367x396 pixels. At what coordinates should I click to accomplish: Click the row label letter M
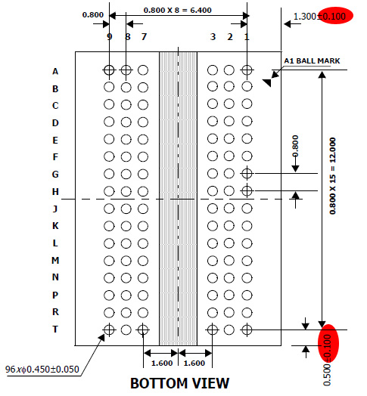pos(55,261)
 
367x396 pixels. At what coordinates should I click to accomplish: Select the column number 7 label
pos(145,37)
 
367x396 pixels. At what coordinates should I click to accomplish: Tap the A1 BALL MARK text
pos(312,61)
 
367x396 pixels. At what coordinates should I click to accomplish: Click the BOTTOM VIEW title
pos(179,383)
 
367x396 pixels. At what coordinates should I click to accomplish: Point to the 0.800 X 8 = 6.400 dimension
pos(178,10)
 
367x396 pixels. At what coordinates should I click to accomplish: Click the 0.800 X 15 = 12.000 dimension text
pos(333,176)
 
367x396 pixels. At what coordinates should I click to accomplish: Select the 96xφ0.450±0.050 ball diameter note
pos(42,370)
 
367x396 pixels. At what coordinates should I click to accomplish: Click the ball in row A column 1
pos(247,70)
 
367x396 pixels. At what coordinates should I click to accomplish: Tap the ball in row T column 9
pos(109,329)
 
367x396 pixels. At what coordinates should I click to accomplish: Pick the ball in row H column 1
pos(247,191)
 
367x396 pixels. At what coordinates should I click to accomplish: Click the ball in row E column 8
pos(126,139)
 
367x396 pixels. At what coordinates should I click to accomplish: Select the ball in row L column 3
pos(213,243)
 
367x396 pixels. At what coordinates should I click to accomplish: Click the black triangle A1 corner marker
pos(268,82)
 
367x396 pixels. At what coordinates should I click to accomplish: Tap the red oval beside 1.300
pos(335,16)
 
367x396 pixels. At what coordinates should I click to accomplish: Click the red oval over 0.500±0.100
pos(328,344)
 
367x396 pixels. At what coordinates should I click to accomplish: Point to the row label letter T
pos(55,329)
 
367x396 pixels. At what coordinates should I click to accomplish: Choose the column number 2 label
pos(230,37)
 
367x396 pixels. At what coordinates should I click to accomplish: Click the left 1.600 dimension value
pos(162,364)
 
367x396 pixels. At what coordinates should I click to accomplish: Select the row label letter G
pos(55,175)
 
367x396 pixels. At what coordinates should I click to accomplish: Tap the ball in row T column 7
pos(143,329)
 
